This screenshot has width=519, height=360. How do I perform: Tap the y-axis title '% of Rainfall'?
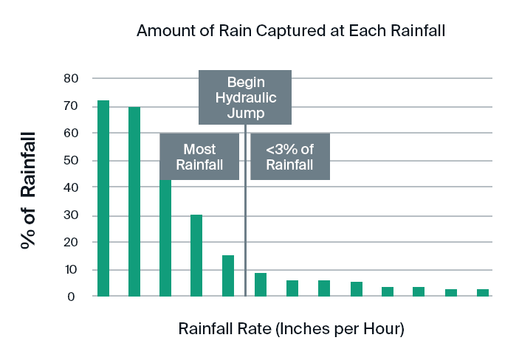click(x=29, y=191)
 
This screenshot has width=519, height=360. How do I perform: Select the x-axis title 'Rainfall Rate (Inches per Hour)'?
click(x=291, y=328)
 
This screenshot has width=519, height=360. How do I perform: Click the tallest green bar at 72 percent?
click(x=103, y=198)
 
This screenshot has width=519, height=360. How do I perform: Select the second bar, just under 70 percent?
click(x=134, y=201)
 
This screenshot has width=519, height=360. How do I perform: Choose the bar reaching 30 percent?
click(x=196, y=255)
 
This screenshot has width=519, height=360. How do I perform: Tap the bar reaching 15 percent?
click(x=228, y=275)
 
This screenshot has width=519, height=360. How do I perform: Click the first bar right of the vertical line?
click(x=261, y=285)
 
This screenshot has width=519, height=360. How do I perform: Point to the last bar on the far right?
click(x=483, y=293)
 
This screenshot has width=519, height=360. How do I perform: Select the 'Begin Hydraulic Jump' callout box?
click(x=245, y=97)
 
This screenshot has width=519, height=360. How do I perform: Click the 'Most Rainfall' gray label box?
click(x=199, y=156)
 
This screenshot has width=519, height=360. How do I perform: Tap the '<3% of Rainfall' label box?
click(x=290, y=156)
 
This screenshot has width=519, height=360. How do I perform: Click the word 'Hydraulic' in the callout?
click(x=245, y=98)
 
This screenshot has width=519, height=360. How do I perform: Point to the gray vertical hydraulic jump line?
click(x=245, y=221)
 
